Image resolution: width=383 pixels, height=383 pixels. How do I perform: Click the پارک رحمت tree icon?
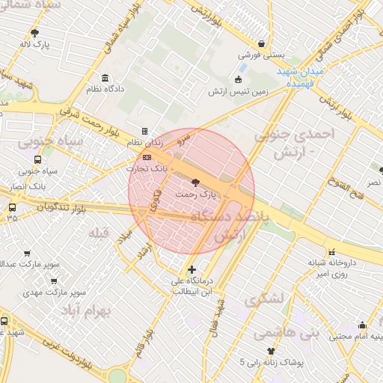click(195, 182)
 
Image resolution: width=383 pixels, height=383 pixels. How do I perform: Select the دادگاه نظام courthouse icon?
click(104, 78)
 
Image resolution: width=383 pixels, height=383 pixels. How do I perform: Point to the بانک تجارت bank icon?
click(147, 157)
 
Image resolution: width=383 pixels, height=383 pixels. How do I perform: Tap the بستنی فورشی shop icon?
click(260, 43)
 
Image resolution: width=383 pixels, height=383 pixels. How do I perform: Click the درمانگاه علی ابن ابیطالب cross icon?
click(191, 269)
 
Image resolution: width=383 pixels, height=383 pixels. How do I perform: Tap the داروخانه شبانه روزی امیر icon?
click(332, 251)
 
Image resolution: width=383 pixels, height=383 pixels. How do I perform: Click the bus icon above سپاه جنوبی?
click(37, 159)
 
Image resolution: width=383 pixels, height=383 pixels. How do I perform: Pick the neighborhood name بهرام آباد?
click(85, 310)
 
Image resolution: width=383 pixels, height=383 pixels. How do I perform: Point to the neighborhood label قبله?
click(99, 233)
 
